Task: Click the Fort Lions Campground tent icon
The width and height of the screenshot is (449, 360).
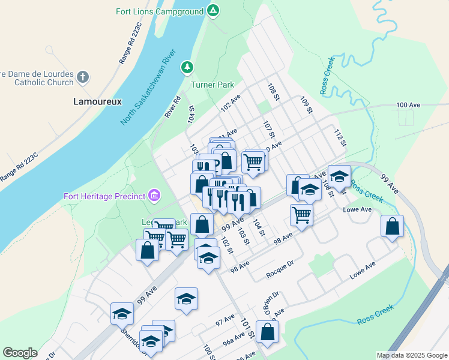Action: point(212,11)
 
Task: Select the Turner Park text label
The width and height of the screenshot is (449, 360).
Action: point(212,85)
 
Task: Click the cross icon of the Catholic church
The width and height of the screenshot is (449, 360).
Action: point(83,77)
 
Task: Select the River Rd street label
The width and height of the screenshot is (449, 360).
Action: point(172,107)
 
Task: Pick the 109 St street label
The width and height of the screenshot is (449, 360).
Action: point(307,105)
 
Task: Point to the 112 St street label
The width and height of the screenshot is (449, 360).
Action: point(340,137)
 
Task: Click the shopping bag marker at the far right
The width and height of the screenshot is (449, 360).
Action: point(392,227)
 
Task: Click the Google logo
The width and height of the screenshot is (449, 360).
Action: point(20,353)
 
